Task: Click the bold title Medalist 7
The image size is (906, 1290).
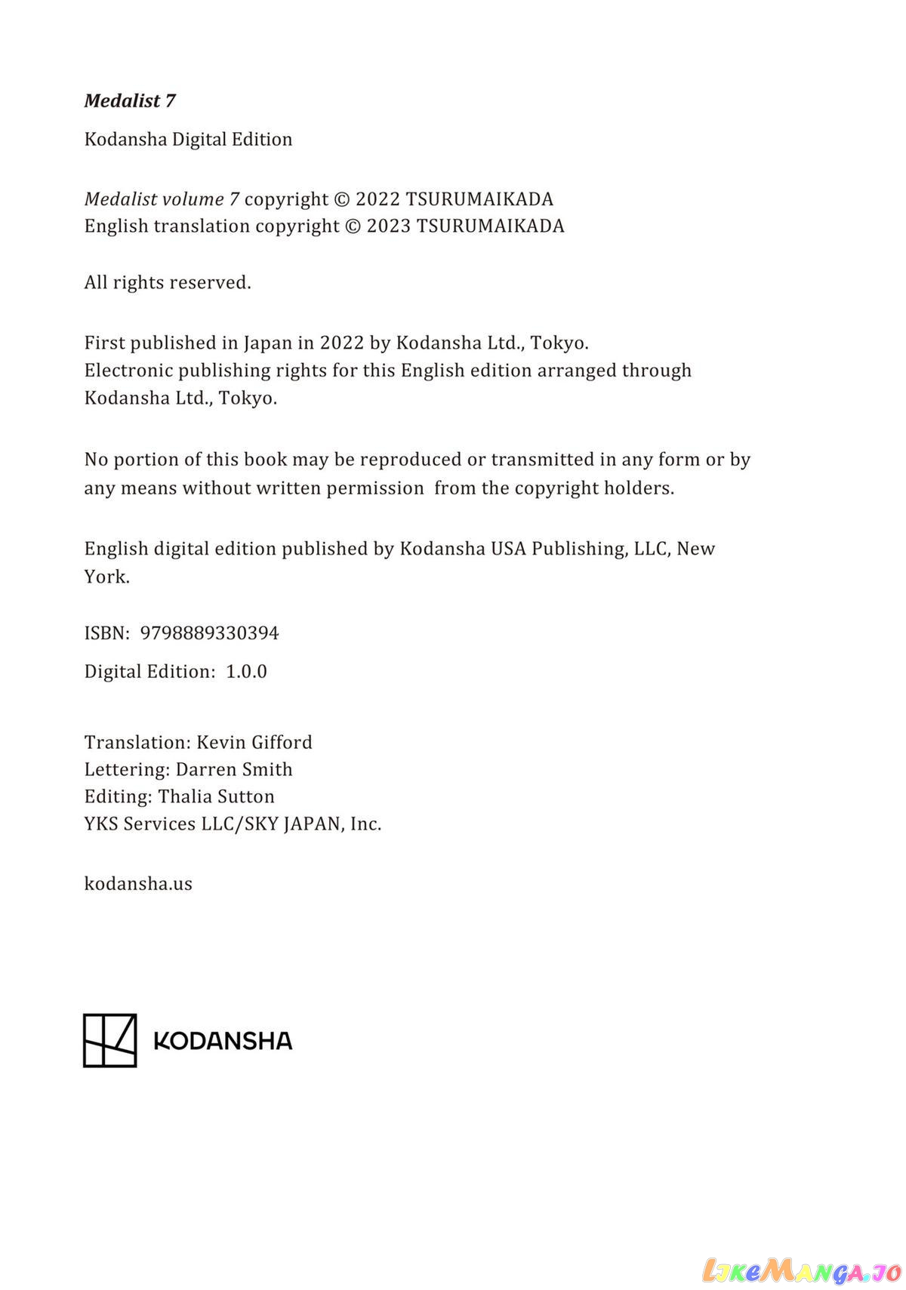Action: pos(130,101)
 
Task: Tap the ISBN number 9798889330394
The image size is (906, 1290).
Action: pos(209,633)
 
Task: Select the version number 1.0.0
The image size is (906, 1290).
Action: pos(246,672)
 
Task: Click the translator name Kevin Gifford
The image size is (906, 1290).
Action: pos(254,743)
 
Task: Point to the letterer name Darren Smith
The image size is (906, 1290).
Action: pos(234,770)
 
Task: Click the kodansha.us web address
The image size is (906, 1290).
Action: pos(138,884)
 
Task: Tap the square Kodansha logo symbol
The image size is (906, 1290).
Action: pos(109,1040)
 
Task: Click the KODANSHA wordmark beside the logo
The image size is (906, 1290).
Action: pos(223,1041)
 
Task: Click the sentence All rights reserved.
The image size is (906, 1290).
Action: pos(168,283)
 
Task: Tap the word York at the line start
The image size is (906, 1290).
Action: pos(106,577)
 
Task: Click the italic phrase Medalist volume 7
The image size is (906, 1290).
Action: pos(162,199)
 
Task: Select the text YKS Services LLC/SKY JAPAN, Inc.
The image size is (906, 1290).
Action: pos(233,824)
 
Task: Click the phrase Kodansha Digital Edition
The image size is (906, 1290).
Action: pos(188,140)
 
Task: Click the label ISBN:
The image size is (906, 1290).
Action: pos(107,633)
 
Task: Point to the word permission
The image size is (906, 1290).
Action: pos(375,488)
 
